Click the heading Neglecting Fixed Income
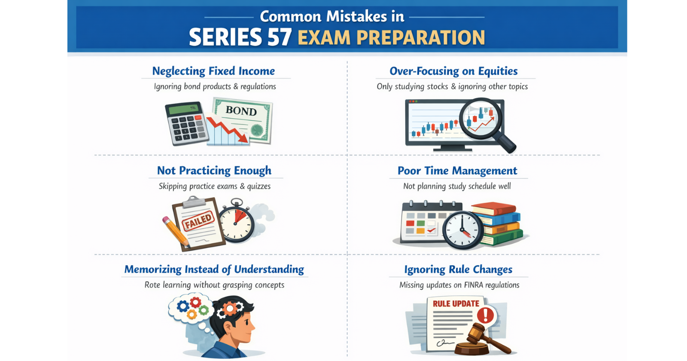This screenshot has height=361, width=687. pyautogui.click(x=213, y=71)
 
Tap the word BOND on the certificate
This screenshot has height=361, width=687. pyautogui.click(x=241, y=111)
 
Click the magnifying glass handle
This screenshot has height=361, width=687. pyautogui.click(x=506, y=144)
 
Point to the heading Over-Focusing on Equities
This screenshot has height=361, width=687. pyautogui.click(x=453, y=71)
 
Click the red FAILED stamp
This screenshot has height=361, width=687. pyautogui.click(x=198, y=221)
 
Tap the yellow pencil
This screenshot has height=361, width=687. pyautogui.click(x=175, y=231)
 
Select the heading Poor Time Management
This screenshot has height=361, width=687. pyautogui.click(x=457, y=171)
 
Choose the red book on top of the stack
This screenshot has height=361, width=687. pyautogui.click(x=494, y=209)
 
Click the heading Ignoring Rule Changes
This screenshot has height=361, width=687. pyautogui.click(x=458, y=269)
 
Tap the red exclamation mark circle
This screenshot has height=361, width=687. pyautogui.click(x=486, y=315)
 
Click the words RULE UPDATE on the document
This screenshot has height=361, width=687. pyautogui.click(x=456, y=304)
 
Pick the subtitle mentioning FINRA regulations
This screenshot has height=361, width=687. pyautogui.click(x=459, y=285)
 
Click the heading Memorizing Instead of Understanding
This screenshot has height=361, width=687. pyautogui.click(x=214, y=269)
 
